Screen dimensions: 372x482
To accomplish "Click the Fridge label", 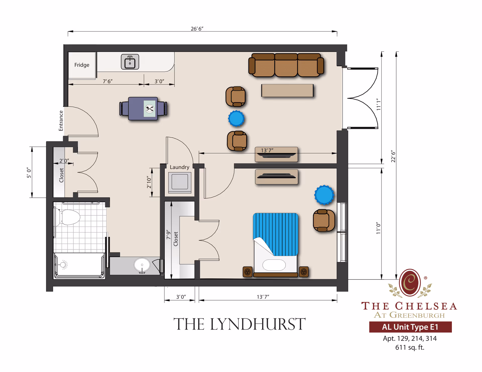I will (82, 65).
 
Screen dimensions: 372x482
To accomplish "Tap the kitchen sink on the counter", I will (130, 62).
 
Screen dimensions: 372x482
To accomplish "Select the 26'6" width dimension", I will (197, 29).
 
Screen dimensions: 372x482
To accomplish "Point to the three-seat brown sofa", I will (286, 65).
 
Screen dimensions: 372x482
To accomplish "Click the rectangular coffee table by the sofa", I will (287, 90).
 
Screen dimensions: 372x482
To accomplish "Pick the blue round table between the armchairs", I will (236, 119).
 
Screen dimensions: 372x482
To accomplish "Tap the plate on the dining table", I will (150, 109).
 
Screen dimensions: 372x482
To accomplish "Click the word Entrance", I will (61, 121).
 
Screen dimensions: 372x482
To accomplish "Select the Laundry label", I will (179, 167).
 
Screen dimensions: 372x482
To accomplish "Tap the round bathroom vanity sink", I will (142, 265).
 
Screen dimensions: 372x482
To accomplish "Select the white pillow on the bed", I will (274, 265).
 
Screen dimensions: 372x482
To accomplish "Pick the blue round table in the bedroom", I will (324, 195).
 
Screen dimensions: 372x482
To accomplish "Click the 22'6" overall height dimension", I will (393, 156).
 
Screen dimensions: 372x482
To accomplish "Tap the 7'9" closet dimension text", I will (168, 235).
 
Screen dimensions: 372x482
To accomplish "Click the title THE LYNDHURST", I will (239, 324).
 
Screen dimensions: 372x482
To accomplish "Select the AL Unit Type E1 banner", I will (410, 327).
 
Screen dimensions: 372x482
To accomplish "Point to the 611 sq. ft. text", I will (410, 347).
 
